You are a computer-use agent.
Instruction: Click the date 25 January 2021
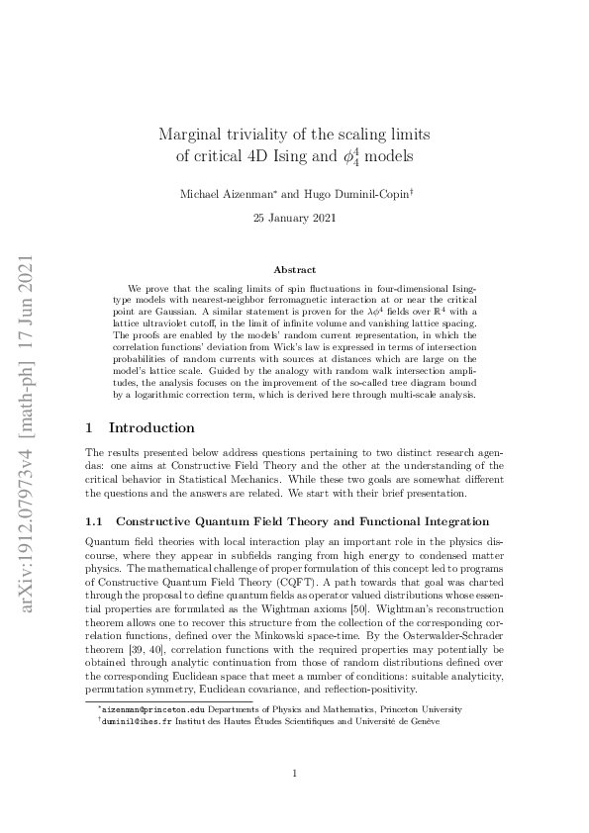click(x=294, y=217)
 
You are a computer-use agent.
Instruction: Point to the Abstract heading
click(x=294, y=269)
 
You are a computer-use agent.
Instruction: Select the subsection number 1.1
click(x=96, y=520)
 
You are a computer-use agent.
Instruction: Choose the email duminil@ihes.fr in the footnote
click(x=133, y=723)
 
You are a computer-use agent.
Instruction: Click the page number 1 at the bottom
click(x=294, y=775)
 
